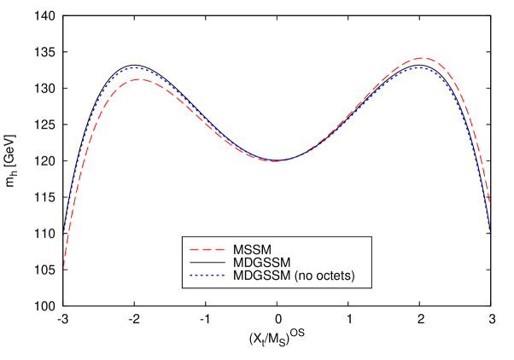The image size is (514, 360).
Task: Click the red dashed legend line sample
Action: pos(207,249)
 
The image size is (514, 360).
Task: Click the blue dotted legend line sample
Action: pos(207,275)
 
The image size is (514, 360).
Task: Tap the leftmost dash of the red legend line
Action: pos(194,249)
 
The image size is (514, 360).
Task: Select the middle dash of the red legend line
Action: pos(207,249)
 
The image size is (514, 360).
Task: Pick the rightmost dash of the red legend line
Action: pos(219,249)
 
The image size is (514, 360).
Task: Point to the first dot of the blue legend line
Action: pos(190,275)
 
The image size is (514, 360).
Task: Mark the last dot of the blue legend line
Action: pos(224,275)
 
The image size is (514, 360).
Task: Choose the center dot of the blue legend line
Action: pos(207,275)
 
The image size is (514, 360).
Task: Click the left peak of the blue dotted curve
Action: pos(135,67)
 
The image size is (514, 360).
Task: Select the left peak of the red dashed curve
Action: pos(138,79)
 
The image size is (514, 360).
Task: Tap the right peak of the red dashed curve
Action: pos(422,58)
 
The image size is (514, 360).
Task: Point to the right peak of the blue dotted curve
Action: pos(419,67)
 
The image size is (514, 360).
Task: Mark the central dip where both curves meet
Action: pos(274,160)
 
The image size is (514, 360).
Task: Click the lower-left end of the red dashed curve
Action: pos(64,266)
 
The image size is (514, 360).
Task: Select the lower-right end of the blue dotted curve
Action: pos(489,230)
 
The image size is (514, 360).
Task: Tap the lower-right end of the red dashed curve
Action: pos(489,207)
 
